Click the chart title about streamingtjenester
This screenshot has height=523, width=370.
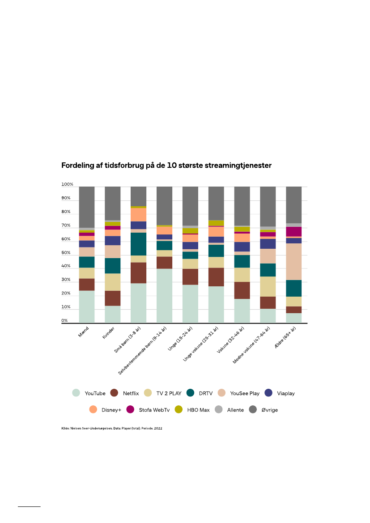tap(166, 166)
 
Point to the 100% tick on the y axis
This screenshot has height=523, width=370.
tap(67, 184)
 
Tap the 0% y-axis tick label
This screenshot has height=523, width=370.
tap(65, 321)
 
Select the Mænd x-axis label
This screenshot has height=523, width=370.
tap(84, 333)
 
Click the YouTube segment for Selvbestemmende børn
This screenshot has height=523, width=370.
tap(164, 295)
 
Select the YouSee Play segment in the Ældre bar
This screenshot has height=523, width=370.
tap(293, 261)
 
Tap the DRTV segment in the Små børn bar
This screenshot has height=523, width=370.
tap(138, 244)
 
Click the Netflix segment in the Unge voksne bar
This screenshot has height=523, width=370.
tap(216, 277)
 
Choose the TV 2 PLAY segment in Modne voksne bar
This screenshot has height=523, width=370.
tap(268, 286)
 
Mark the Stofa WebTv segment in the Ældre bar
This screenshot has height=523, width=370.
tap(293, 231)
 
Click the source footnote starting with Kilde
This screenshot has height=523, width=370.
tap(111, 428)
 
